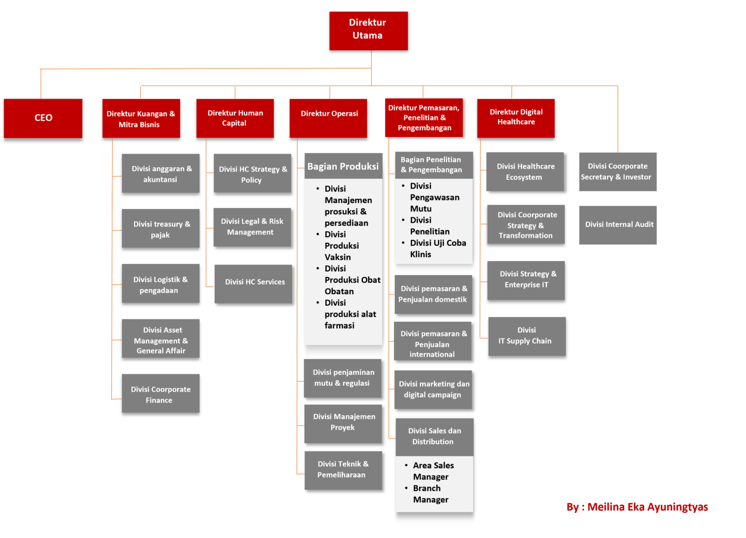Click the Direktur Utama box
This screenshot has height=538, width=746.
[x=368, y=30]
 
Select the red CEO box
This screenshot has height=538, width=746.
[x=43, y=118]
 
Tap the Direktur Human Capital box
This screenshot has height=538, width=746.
[x=235, y=118]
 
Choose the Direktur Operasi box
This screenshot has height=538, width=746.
[x=328, y=118]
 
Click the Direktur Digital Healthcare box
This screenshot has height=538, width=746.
[x=516, y=118]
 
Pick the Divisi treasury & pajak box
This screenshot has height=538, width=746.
[x=160, y=228]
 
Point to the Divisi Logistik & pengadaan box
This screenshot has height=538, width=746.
[x=160, y=284]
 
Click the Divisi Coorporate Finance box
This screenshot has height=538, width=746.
[x=160, y=394]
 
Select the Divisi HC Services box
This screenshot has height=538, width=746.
[x=253, y=284]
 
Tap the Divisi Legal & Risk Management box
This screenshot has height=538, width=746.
[x=252, y=227]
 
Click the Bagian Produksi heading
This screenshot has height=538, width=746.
[x=343, y=166]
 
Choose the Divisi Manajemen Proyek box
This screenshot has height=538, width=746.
[x=343, y=423]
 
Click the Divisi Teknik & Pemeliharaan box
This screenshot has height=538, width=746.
[x=343, y=470]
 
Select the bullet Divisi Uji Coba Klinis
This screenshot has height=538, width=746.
[x=437, y=248]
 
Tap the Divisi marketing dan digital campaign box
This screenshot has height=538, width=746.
[x=433, y=389]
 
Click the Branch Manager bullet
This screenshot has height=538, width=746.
[x=430, y=494]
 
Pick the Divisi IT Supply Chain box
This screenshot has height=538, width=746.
[x=526, y=336]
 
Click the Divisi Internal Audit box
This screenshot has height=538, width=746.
[x=618, y=225]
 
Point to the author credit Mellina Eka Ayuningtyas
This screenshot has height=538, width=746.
[x=637, y=507]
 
